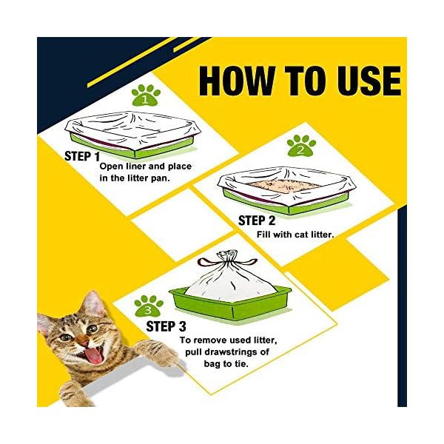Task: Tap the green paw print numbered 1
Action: (x=146, y=95)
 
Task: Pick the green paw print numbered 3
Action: (x=149, y=306)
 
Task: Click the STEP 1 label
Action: (x=81, y=157)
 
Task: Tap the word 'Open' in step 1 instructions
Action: (x=114, y=166)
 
